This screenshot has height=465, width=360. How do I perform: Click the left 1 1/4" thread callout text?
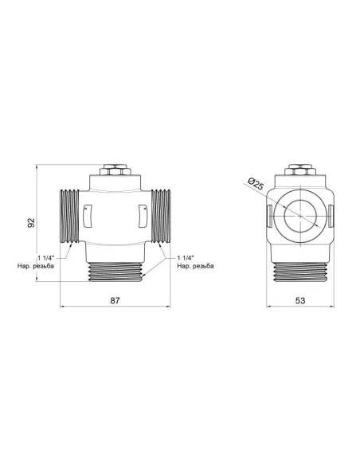[46, 258]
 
